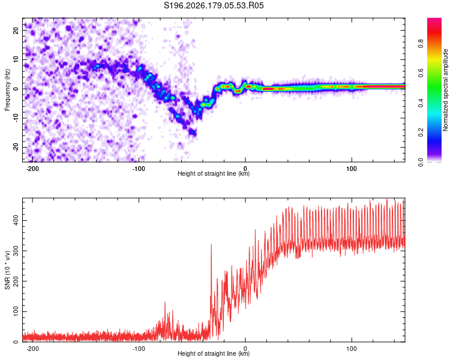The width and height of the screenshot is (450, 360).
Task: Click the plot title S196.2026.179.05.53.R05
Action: click(x=214, y=5)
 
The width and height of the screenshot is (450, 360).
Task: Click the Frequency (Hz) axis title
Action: click(x=7, y=90)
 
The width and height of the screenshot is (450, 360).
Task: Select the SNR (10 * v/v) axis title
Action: click(x=7, y=270)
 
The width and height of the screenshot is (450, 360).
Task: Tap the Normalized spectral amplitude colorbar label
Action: click(x=445, y=90)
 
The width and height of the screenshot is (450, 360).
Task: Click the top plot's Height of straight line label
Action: click(x=214, y=173)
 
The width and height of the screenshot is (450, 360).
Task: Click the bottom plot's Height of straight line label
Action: click(x=214, y=353)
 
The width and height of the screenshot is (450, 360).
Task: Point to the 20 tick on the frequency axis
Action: click(x=16, y=30)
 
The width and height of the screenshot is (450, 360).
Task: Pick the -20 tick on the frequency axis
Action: click(x=16, y=147)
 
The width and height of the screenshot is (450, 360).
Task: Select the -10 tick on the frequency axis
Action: click(x=16, y=118)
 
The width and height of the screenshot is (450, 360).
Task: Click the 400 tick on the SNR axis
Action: click(x=16, y=220)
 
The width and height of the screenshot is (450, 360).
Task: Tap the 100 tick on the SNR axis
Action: click(x=16, y=311)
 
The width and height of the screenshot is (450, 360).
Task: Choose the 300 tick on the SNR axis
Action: click(x=16, y=251)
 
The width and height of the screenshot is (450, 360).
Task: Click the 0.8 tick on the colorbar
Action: click(x=421, y=44)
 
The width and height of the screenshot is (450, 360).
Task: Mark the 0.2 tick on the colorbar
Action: click(x=421, y=133)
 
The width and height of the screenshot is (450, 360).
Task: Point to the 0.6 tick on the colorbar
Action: click(x=421, y=73)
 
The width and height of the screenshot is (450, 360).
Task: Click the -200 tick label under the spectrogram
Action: click(x=32, y=169)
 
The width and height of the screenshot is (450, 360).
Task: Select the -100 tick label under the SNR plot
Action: click(x=139, y=349)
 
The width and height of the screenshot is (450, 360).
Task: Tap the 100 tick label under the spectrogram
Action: click(x=352, y=169)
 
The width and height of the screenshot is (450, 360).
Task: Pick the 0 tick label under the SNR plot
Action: click(x=245, y=349)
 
